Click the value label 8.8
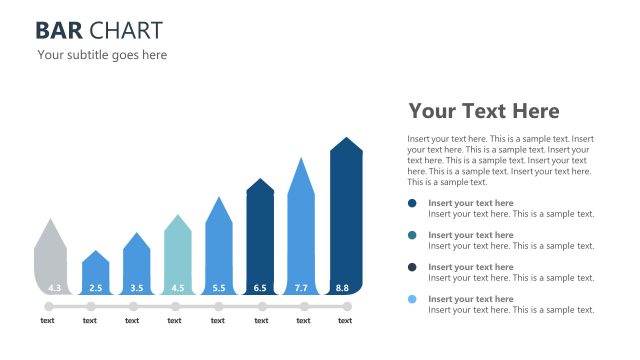343,288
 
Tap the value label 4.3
54,288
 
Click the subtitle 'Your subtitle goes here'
102,55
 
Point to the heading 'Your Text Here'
484,111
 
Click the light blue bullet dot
412,299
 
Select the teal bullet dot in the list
412,235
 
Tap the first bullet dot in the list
412,203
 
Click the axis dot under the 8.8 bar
345,306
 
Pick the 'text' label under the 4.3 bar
48,321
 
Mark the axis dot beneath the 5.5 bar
218,306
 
